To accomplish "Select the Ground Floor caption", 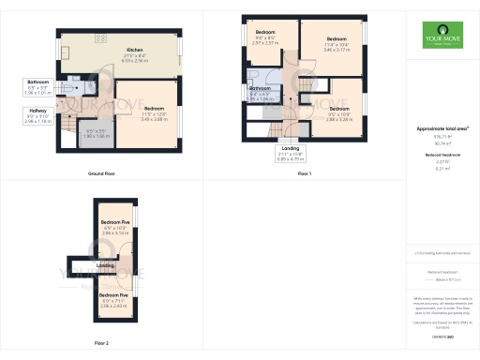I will (x=100, y=173).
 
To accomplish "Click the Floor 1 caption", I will (x=305, y=174).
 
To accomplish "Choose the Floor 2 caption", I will (x=100, y=343).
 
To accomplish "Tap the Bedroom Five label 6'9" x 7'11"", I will (x=113, y=300).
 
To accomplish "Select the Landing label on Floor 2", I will (x=106, y=265).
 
